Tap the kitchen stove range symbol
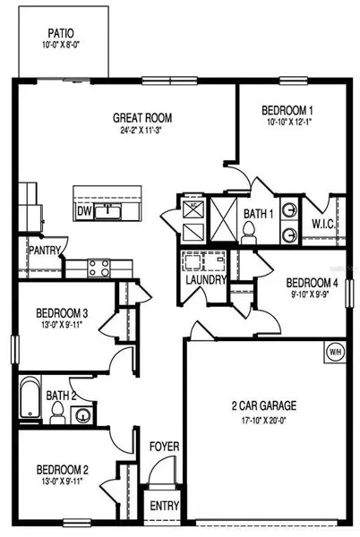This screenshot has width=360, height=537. (99, 266)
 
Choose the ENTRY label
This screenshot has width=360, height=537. (163, 506)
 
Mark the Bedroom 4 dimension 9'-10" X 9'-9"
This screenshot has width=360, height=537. (312, 294)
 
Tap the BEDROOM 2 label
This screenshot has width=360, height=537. (62, 469)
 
